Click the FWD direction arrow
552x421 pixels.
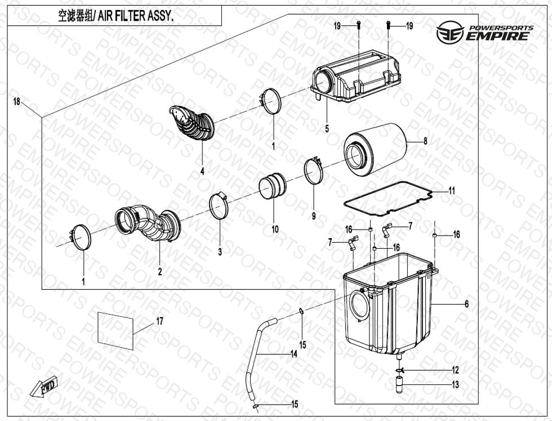point(44,386)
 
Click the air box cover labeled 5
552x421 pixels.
point(355,79)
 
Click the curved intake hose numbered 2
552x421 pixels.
point(148,223)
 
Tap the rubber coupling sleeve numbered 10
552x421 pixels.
point(273,186)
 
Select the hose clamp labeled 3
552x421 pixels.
point(219,205)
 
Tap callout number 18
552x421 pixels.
point(16,102)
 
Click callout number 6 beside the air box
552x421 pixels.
point(466,303)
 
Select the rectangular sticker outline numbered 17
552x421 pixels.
point(115,330)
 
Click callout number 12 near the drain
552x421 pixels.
point(455,370)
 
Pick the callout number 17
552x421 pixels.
point(160,321)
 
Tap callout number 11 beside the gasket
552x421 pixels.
point(452,191)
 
